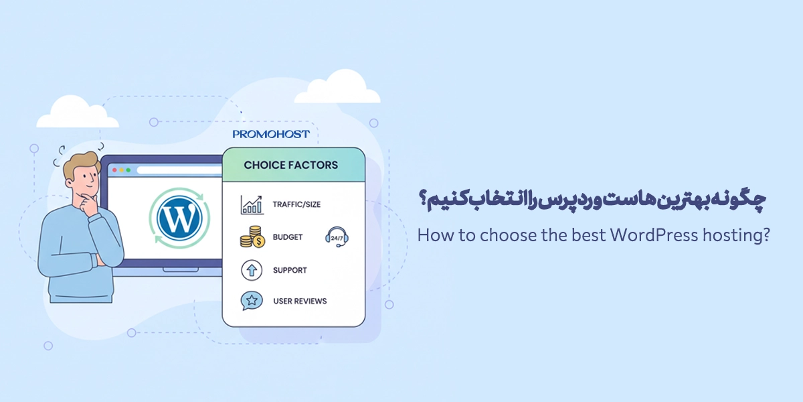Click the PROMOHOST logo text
pyautogui.click(x=271, y=134)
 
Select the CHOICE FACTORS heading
pyautogui.click(x=290, y=165)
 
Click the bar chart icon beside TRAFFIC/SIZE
pyautogui.click(x=252, y=205)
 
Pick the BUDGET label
pyautogui.click(x=288, y=237)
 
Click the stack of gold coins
pyautogui.click(x=251, y=237)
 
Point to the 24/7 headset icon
pyautogui.click(x=337, y=237)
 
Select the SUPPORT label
pyautogui.click(x=290, y=270)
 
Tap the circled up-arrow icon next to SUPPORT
pyautogui.click(x=251, y=270)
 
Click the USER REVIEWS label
pyautogui.click(x=300, y=301)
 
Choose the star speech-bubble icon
pyautogui.click(x=251, y=301)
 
